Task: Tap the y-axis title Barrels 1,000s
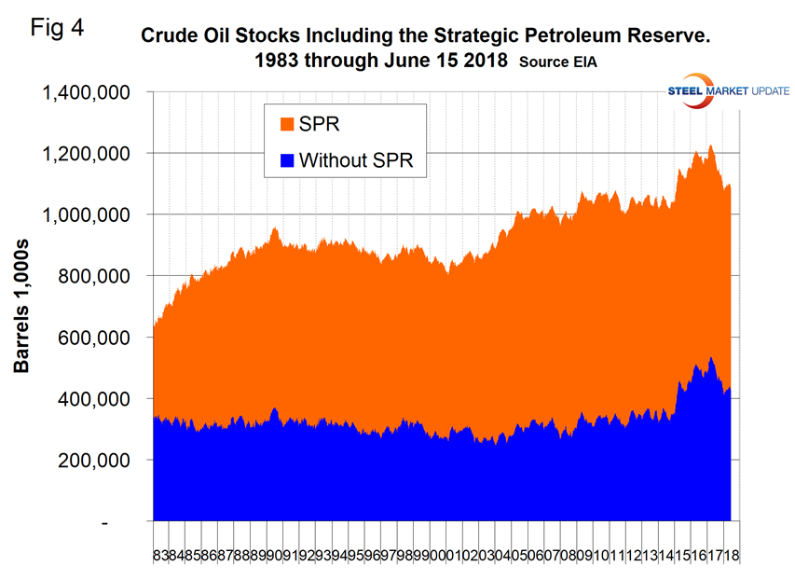21,306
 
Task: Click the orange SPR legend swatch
287,123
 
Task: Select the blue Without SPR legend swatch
287,160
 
